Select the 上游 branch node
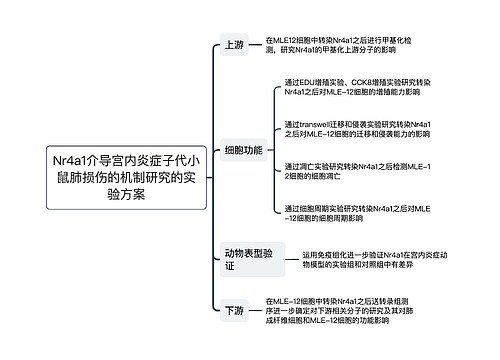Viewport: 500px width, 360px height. pyautogui.click(x=234, y=44)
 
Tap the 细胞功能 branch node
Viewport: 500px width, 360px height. pyautogui.click(x=244, y=150)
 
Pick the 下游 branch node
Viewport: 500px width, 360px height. pyautogui.click(x=234, y=312)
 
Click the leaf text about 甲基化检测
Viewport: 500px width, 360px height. pyautogui.click(x=345, y=44)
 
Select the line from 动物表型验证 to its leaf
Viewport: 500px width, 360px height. pyautogui.click(x=287, y=261)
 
